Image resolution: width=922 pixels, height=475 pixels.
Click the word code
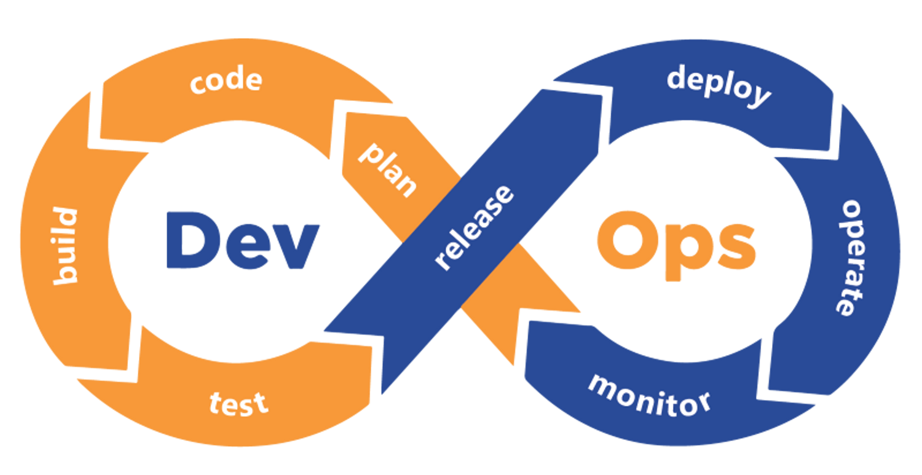coord(226,82)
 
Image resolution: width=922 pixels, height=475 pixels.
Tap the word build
coord(66,246)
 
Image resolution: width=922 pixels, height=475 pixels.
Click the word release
coord(474,227)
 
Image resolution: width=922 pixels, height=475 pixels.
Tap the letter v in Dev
coord(297,247)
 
